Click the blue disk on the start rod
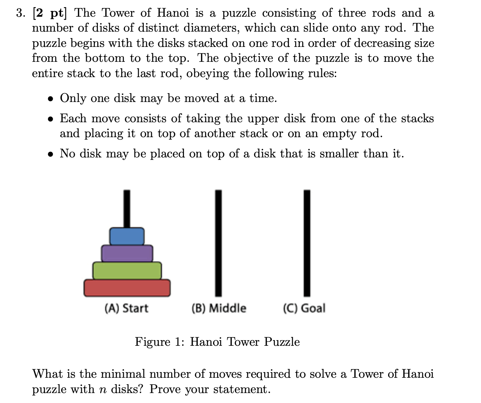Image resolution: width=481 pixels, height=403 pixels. [x=127, y=236]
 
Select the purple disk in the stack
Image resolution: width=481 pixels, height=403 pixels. [x=127, y=253]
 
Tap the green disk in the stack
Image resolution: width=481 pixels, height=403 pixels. [x=127, y=270]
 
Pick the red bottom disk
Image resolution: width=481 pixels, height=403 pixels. [x=127, y=288]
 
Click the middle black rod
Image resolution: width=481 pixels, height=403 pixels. [x=218, y=243]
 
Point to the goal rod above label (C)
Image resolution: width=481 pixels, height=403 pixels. [x=307, y=243]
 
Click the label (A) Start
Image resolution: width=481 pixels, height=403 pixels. [x=126, y=308]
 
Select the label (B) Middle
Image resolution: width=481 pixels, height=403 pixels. [x=218, y=308]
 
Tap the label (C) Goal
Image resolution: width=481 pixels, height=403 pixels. [x=304, y=308]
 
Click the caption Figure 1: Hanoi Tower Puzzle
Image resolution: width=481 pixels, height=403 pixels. [x=217, y=342]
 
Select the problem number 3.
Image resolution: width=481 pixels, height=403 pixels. [x=20, y=13]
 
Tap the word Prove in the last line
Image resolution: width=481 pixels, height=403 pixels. [x=164, y=389]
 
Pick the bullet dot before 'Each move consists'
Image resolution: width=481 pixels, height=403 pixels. [x=52, y=119]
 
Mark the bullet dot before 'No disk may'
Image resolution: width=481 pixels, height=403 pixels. [x=52, y=154]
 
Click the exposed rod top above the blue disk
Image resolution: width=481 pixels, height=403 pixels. [x=127, y=209]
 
